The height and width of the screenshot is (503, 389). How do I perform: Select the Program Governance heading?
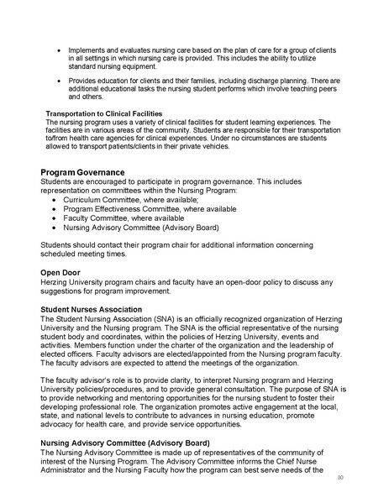(x=82, y=172)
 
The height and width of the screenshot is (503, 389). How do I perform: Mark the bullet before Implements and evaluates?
(x=58, y=50)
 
